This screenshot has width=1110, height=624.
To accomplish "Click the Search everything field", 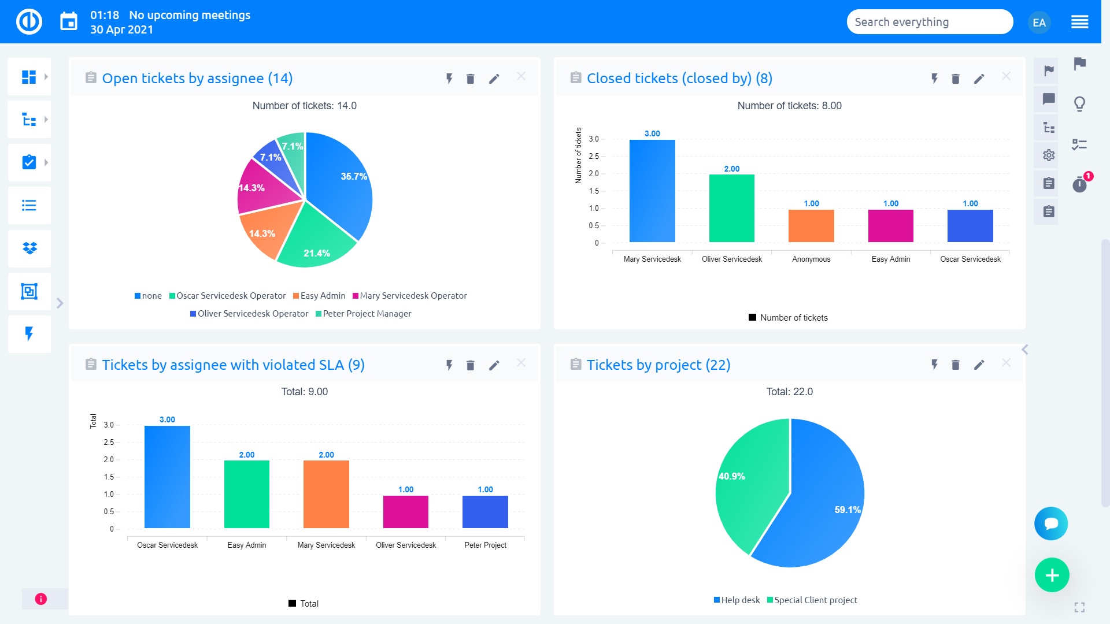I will [929, 22].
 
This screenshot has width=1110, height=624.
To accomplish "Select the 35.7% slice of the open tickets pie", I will [341, 185].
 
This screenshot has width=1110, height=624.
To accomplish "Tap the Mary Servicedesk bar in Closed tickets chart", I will [652, 191].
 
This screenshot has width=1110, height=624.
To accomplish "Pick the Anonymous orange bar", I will [811, 226].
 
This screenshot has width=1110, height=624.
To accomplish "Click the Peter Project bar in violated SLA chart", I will [485, 512].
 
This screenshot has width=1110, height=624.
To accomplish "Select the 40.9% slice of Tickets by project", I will [749, 480].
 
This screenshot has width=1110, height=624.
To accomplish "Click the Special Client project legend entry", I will [815, 600].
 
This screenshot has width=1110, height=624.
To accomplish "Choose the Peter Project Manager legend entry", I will [367, 314].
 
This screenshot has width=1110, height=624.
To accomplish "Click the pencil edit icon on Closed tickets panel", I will [979, 79].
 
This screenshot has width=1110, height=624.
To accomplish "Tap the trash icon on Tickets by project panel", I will [955, 365].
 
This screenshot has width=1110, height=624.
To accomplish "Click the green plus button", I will [1052, 575].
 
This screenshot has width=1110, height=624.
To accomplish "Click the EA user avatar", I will [1039, 23].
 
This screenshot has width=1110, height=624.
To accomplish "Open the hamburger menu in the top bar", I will [1079, 23].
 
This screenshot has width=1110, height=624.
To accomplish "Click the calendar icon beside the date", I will [69, 22].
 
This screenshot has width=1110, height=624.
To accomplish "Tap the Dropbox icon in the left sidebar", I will [29, 248].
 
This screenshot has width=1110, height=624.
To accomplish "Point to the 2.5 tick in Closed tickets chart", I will [594, 157].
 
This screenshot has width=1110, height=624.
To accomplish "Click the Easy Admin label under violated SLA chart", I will [246, 545].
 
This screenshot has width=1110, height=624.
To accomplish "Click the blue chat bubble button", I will [1050, 523].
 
